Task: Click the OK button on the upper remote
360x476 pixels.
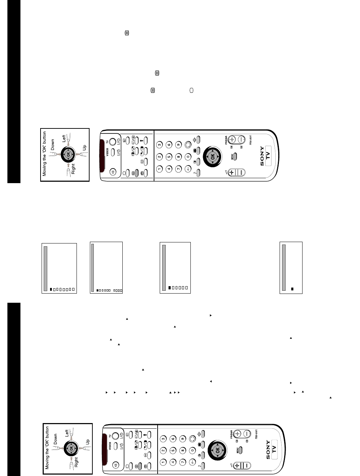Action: click(212, 156)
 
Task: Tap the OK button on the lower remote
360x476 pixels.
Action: click(217, 450)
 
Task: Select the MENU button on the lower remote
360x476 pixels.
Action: click(239, 450)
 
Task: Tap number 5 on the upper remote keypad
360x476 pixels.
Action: click(169, 156)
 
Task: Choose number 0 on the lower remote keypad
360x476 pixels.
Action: click(193, 450)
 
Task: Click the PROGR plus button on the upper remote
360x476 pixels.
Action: click(232, 139)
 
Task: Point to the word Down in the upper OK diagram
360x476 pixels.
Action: click(53, 145)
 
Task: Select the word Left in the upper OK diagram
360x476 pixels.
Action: click(64, 138)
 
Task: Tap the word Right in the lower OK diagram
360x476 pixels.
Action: click(76, 462)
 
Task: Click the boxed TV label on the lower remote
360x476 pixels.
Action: click(274, 447)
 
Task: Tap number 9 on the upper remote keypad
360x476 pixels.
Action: click(178, 144)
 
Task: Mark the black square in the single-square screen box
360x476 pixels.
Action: click(292, 289)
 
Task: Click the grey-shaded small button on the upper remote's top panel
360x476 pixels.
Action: click(137, 173)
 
